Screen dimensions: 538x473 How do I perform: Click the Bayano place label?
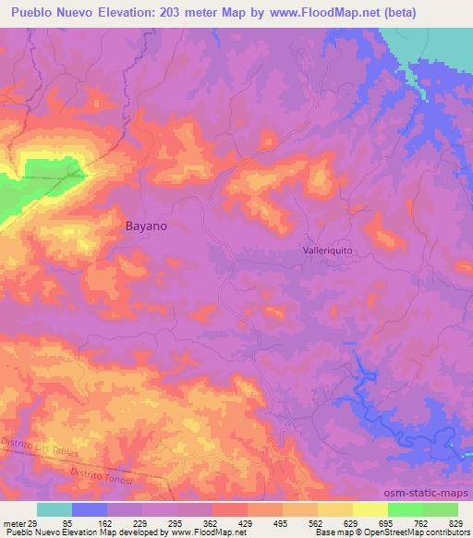146,225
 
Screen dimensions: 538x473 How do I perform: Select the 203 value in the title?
175,12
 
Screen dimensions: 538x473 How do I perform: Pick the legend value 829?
457,522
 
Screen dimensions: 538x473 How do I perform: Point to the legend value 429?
248,522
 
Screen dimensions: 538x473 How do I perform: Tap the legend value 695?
387,522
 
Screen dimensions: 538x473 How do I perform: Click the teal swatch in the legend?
55,509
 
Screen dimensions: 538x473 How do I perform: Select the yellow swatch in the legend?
370,509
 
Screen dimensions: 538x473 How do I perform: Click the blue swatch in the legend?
90,509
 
